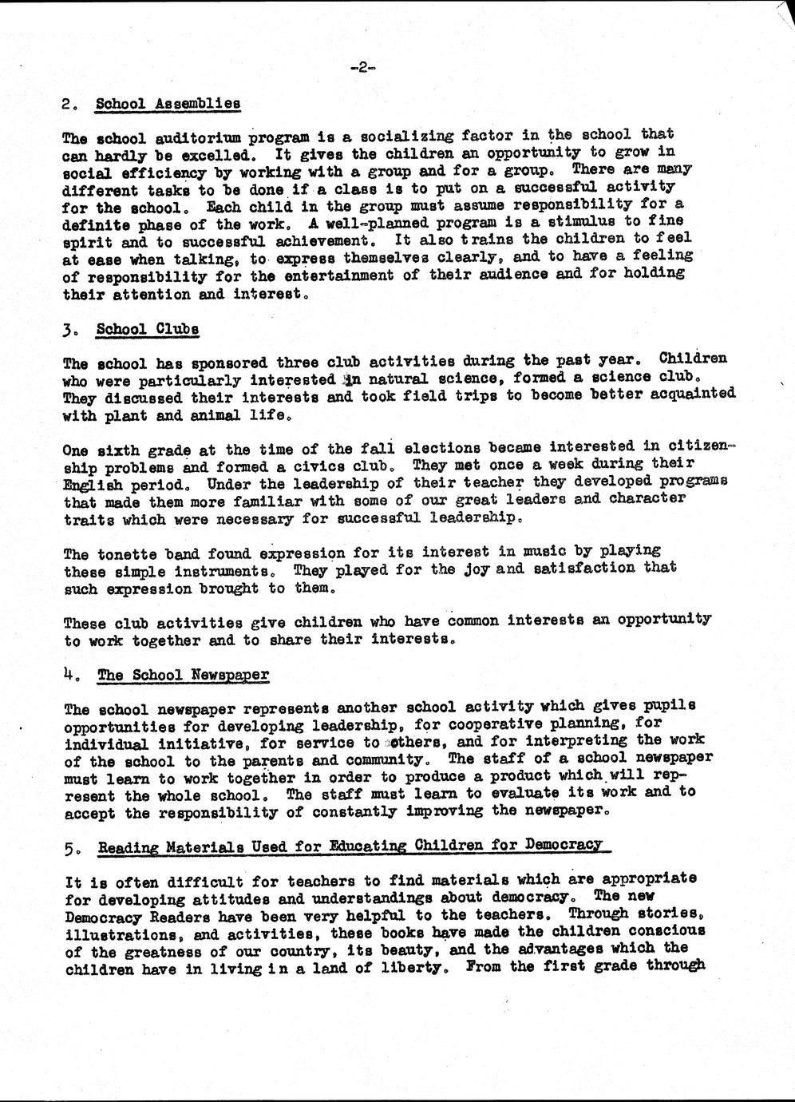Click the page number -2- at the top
[362, 69]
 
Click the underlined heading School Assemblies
[168, 104]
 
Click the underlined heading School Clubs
[147, 329]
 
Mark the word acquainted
[691, 394]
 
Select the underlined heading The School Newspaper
[183, 676]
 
